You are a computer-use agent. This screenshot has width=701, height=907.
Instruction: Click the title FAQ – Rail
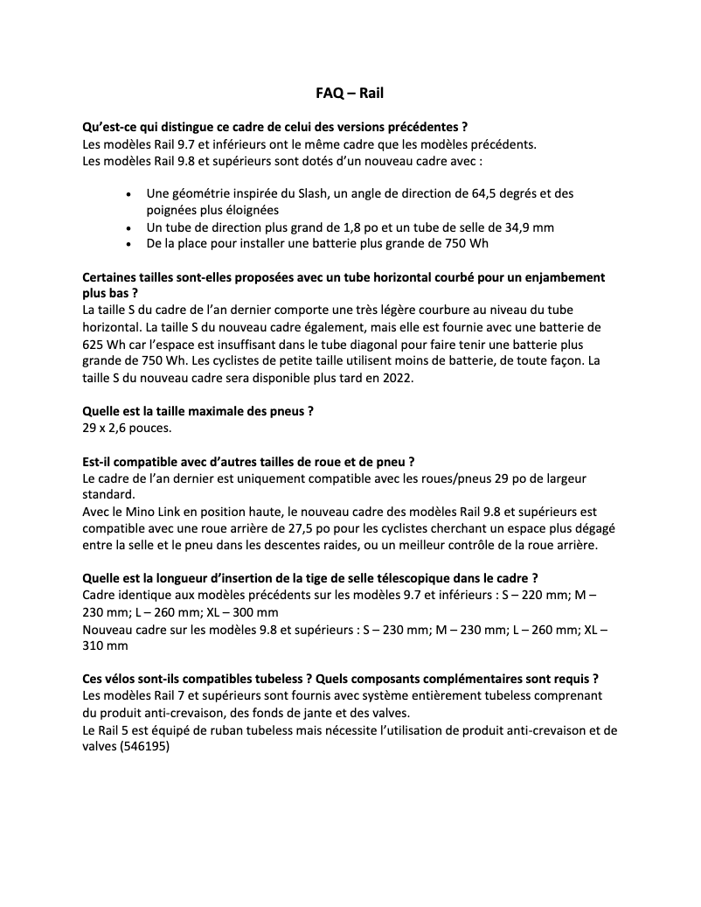(350, 92)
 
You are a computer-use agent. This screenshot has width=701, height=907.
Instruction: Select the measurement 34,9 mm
(524, 227)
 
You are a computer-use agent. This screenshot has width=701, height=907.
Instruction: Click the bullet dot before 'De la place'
(129, 243)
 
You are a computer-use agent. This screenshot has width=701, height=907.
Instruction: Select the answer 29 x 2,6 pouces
(124, 429)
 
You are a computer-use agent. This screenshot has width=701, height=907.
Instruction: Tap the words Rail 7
(177, 696)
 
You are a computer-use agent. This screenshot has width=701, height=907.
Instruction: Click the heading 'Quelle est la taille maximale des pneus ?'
(198, 412)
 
